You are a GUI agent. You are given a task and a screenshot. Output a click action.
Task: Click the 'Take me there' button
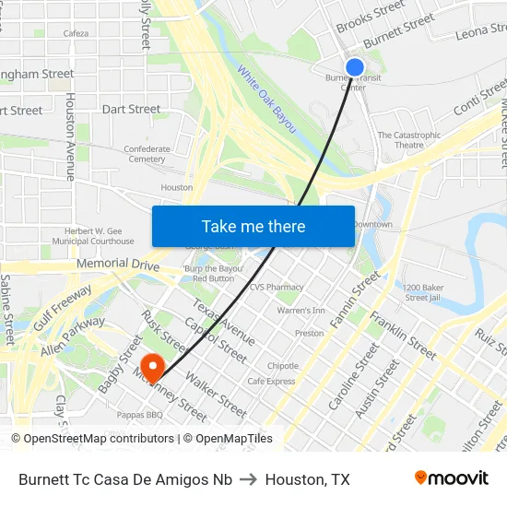253,226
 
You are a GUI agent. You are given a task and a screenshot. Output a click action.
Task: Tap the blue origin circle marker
355,67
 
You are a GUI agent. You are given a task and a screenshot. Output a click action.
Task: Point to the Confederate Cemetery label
147,153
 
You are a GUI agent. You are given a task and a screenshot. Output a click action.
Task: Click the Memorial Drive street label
118,264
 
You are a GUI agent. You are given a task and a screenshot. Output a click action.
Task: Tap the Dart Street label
131,109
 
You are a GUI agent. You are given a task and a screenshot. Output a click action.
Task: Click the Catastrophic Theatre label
409,139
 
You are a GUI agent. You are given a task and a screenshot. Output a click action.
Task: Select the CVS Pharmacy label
277,287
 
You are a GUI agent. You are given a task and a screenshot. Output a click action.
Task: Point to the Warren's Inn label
301,311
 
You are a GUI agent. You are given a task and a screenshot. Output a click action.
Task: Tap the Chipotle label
283,365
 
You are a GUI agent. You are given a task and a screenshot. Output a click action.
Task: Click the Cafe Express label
271,381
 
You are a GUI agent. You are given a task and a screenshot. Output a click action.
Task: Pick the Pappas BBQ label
140,415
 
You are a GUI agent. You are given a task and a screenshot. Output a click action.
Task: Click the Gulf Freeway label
65,307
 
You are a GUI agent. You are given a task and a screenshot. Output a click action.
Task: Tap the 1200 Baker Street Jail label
423,292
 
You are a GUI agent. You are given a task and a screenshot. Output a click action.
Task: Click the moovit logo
452,478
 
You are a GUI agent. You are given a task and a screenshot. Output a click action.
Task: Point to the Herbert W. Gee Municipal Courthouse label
100,236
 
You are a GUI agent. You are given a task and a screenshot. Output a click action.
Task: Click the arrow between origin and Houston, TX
249,479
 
